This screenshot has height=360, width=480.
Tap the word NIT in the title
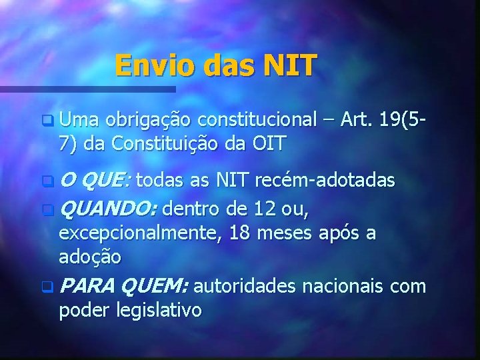click(x=290, y=66)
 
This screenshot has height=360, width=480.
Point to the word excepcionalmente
click(x=142, y=233)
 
